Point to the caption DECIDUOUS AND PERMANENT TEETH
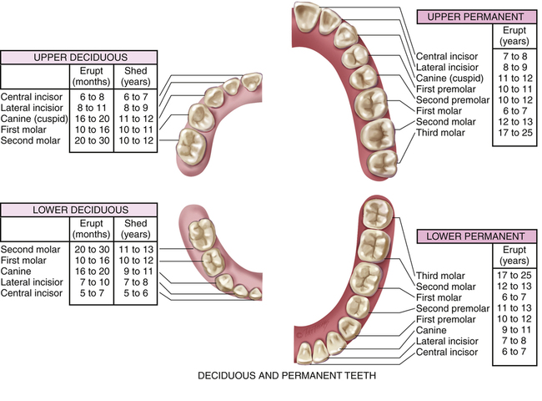click(x=286, y=377)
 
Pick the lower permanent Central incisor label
click(x=448, y=353)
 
